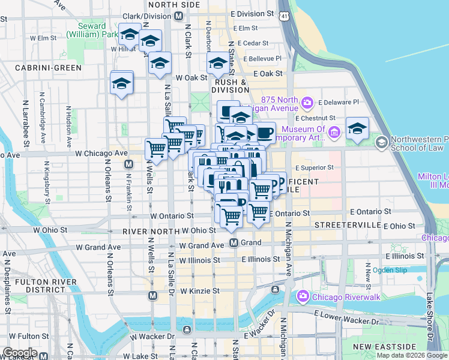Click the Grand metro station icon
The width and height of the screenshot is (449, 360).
pyautogui.click(x=235, y=243)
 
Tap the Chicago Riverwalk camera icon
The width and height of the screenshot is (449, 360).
pyautogui.click(x=303, y=295)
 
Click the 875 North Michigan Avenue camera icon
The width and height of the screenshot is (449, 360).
pyautogui.click(x=307, y=102)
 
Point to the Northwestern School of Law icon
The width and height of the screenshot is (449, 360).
pyautogui.click(x=381, y=143)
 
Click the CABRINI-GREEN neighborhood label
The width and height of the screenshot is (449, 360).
pyautogui.click(x=49, y=68)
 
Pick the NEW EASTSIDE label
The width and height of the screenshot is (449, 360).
pyautogui.click(x=384, y=347)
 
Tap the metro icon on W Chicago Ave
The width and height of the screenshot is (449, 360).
pyautogui.click(x=128, y=164)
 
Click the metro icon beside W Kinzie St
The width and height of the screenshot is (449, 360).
pyautogui.click(x=153, y=295)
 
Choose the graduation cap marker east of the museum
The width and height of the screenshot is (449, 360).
pyautogui.click(x=357, y=128)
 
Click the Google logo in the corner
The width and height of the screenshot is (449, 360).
pyautogui.click(x=20, y=353)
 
